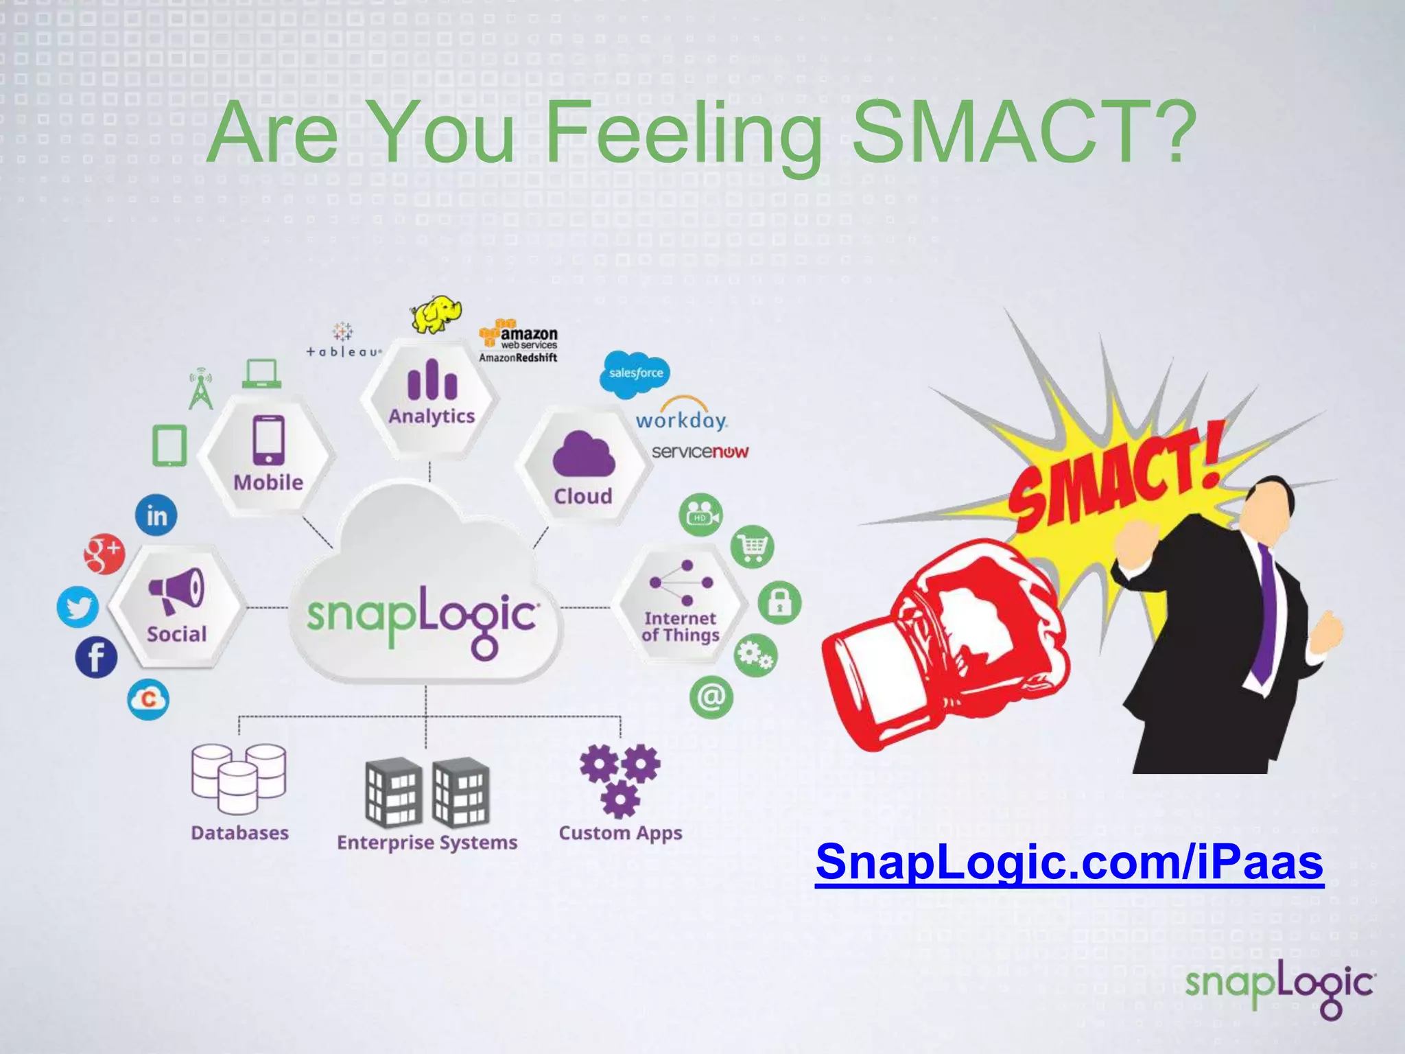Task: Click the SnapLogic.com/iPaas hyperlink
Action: coord(1069,862)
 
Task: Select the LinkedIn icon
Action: coord(156,515)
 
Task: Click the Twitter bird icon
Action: coord(78,607)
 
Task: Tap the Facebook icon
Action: coord(96,657)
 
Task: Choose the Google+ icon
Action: coord(104,553)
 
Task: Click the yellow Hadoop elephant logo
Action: coord(435,314)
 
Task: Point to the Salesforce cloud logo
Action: coord(635,373)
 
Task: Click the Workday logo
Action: coord(681,416)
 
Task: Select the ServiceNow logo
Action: coord(700,452)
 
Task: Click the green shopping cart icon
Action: coord(753,547)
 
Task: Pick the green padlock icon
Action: coord(779,602)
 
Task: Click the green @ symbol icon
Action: coord(711,697)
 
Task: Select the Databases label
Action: coord(239,832)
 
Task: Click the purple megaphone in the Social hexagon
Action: coord(177,590)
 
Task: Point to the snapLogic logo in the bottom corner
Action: coord(1279,989)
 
